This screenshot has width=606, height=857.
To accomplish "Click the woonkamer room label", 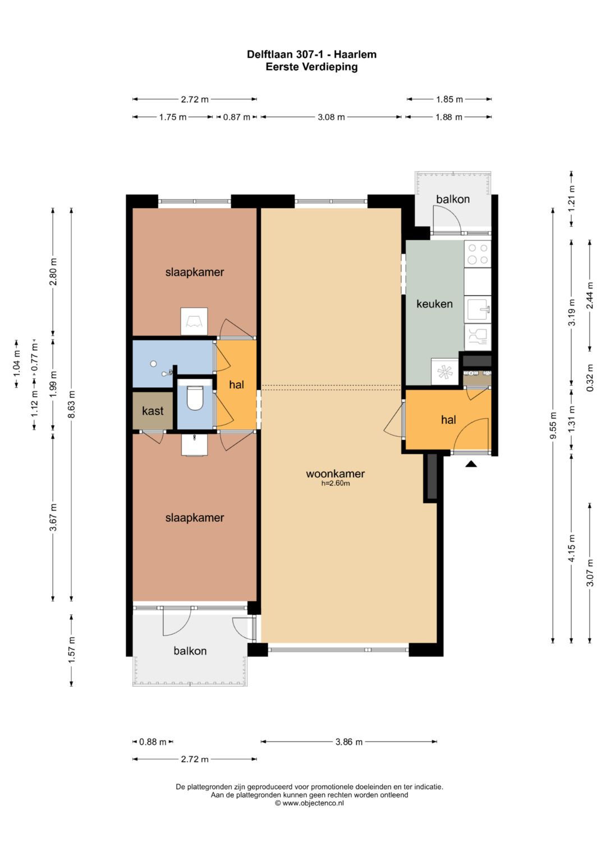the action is (x=335, y=474).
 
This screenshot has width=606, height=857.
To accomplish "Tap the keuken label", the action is (x=434, y=304).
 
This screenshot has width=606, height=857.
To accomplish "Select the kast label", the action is (x=153, y=411).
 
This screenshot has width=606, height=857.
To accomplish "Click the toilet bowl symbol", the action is (x=195, y=397).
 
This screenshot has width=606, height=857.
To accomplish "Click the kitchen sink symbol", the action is (x=478, y=309).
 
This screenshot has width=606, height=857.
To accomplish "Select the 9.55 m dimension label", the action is (x=553, y=426).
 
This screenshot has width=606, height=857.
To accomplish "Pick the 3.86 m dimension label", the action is (x=349, y=742).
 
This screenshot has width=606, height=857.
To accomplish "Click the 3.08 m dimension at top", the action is (x=331, y=117).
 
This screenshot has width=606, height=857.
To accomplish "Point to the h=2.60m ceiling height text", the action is (x=336, y=483).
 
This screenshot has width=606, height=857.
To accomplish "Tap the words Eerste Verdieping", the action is (x=312, y=67).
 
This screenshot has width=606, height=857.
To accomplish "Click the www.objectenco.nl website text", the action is (x=313, y=803).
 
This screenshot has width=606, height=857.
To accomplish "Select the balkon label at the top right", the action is (x=453, y=199).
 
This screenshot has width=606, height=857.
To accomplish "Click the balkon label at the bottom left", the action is (x=190, y=651).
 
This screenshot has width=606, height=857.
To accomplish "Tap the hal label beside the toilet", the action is (x=236, y=384).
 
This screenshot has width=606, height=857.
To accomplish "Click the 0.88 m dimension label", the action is (x=153, y=742).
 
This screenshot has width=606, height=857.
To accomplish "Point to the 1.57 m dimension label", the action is (x=72, y=650).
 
